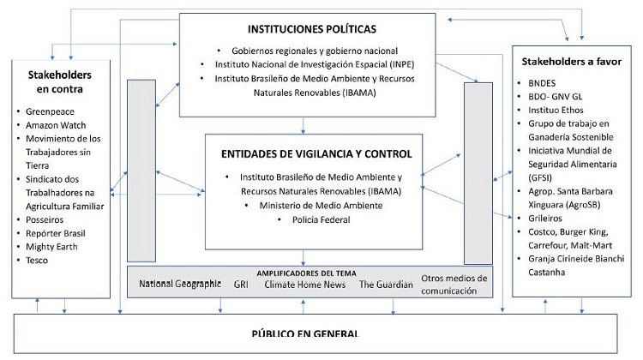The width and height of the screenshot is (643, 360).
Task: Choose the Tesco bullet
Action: click(38, 261)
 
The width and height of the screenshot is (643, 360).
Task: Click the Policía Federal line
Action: click(315, 220)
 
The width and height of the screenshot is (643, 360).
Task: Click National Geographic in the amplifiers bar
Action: click(180, 284)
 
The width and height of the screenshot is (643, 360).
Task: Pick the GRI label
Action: click(241, 284)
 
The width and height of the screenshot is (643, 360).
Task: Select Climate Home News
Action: click(299, 284)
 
